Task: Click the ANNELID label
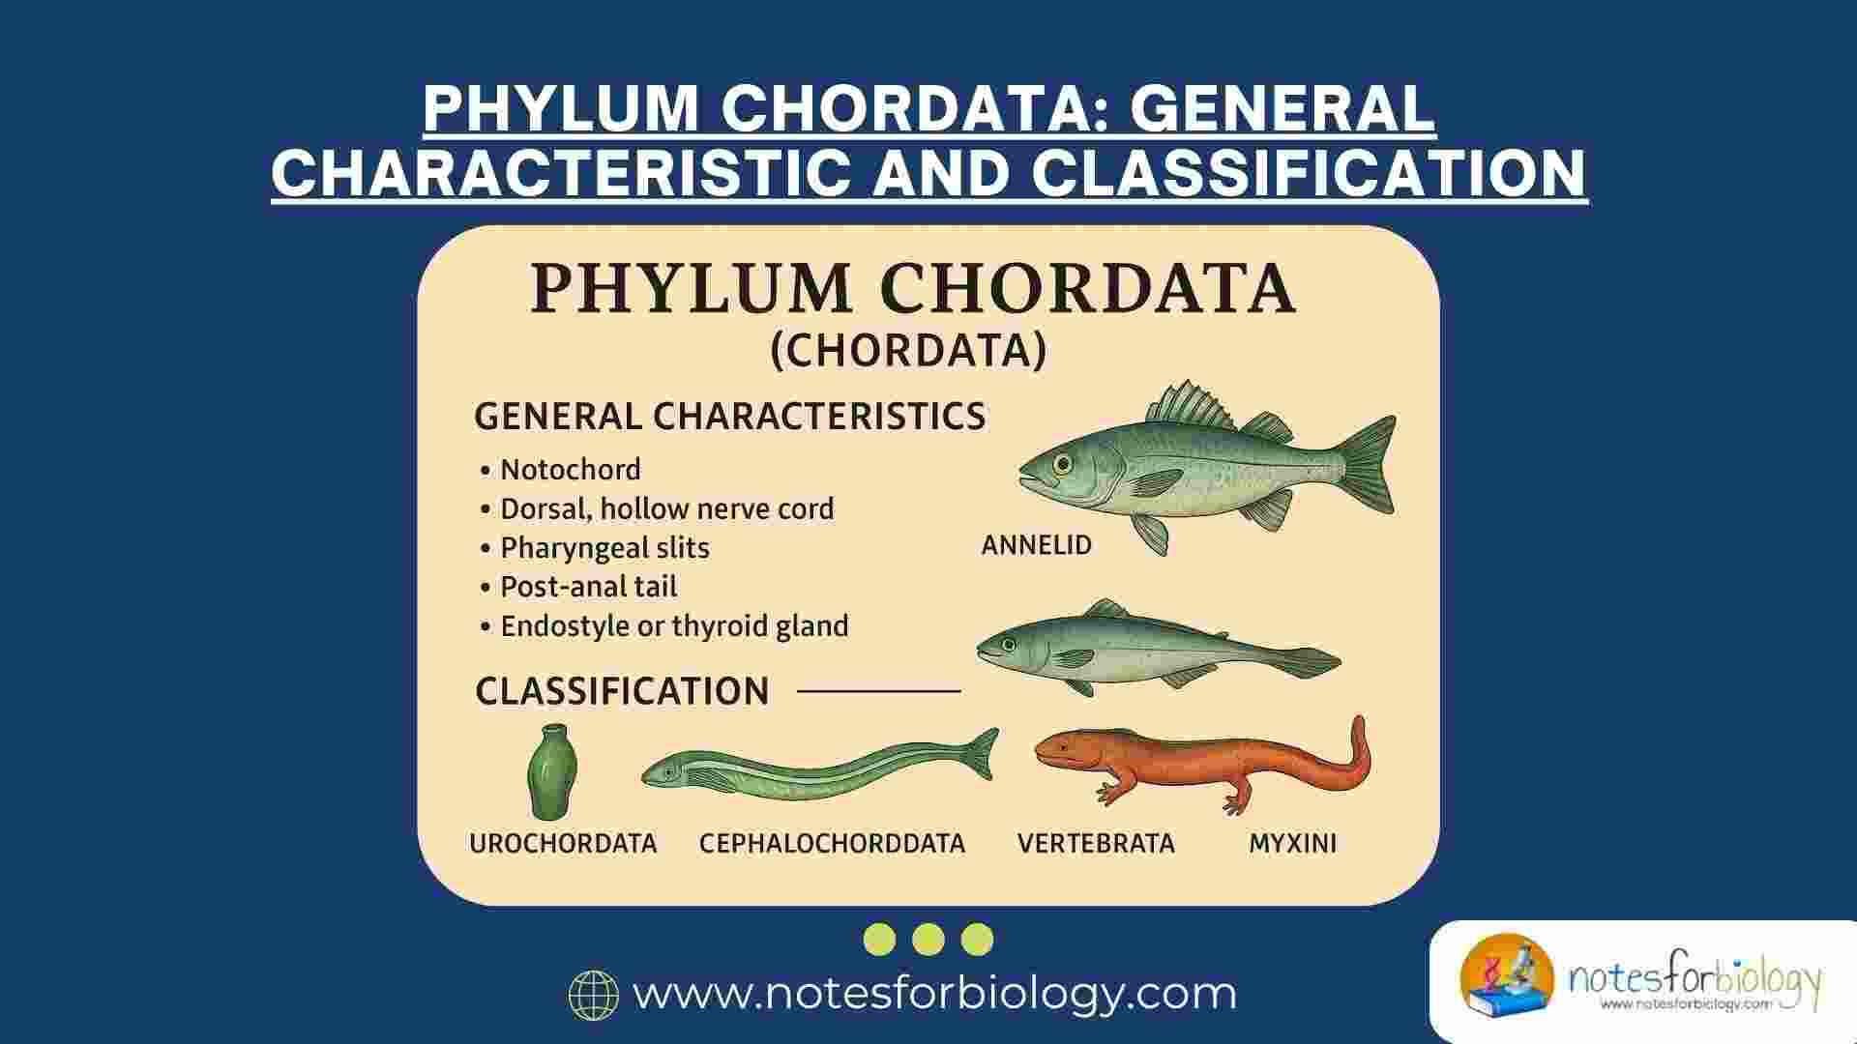tap(1036, 545)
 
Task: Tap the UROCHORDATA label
tap(563, 844)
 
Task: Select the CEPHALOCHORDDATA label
tap(832, 844)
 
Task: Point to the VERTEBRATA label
tap(1096, 844)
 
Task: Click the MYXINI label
tap(1292, 844)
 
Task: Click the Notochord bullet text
tap(570, 470)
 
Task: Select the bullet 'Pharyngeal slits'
tap(604, 548)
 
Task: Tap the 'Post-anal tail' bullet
tap(588, 587)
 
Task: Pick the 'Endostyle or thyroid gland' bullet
tap(673, 626)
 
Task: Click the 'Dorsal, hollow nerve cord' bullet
tap(666, 508)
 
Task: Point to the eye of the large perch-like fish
tap(1063, 464)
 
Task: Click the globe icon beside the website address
tap(593, 995)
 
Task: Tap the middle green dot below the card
tap(928, 939)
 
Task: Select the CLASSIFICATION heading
tap(622, 691)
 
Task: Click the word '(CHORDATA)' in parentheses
tap(908, 351)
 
